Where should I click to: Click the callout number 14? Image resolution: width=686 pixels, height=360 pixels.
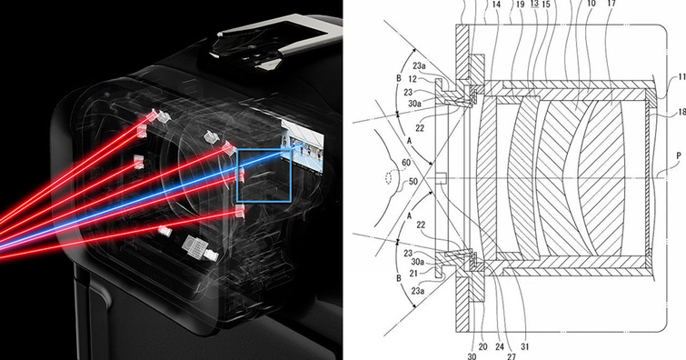[x=496, y=5]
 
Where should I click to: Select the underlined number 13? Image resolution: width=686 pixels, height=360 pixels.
[x=534, y=4]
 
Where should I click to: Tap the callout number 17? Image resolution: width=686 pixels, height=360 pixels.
[x=611, y=4]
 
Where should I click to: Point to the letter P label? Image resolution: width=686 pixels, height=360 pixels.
[x=679, y=155]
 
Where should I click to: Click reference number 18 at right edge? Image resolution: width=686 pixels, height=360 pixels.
[x=681, y=113]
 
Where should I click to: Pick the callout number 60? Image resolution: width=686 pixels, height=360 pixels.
[x=406, y=163]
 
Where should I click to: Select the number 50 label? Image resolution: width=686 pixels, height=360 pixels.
[x=413, y=181]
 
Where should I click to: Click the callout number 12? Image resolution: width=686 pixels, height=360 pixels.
[x=413, y=79]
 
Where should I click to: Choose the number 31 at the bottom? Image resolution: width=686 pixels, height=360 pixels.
[x=524, y=346]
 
